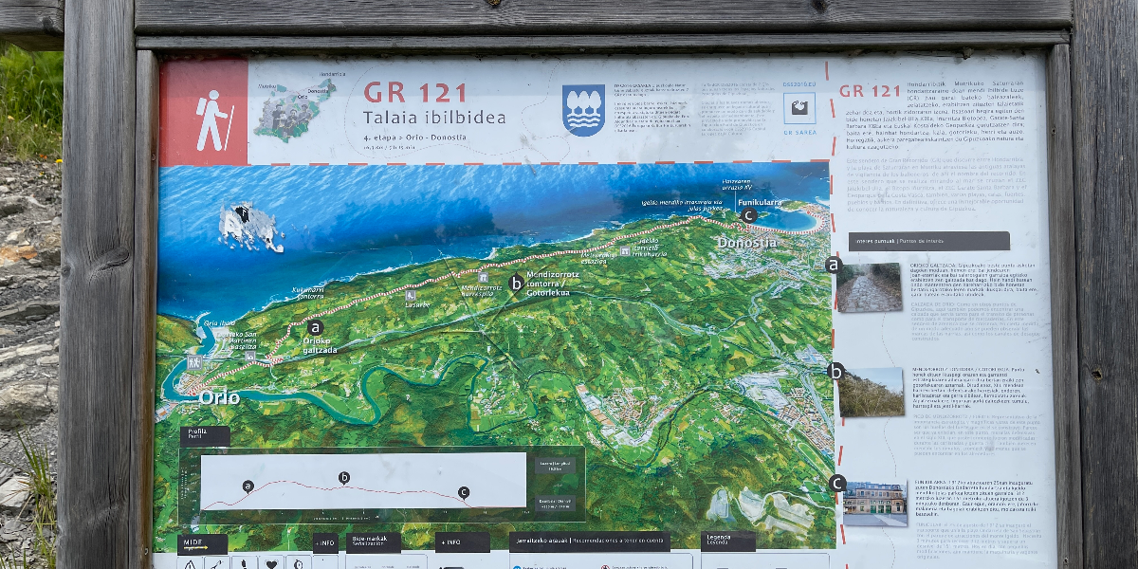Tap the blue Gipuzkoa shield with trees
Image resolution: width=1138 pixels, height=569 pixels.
(x=583, y=109)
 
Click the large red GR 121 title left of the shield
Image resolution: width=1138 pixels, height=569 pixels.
(x=415, y=93)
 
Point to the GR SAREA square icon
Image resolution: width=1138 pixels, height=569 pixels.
(x=798, y=108)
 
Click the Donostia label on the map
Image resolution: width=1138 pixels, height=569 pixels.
(x=747, y=243)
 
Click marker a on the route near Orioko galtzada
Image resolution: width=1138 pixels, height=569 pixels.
(x=316, y=327)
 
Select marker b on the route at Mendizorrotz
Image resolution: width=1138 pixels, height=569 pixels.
(x=516, y=282)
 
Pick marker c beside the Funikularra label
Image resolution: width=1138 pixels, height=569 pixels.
(x=748, y=215)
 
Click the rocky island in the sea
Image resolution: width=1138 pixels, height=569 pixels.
(x=249, y=226)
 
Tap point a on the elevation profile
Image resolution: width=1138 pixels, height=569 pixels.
(x=248, y=486)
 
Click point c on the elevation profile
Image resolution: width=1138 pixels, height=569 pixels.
(x=463, y=492)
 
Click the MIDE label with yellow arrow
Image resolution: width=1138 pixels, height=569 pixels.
(x=202, y=544)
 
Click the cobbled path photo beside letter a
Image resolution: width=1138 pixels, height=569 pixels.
(x=870, y=287)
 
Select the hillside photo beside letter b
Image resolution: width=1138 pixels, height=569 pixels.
(x=871, y=392)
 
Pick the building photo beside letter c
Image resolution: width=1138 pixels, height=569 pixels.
(x=874, y=503)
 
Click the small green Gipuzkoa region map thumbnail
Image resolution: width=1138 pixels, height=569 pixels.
(x=295, y=109)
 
